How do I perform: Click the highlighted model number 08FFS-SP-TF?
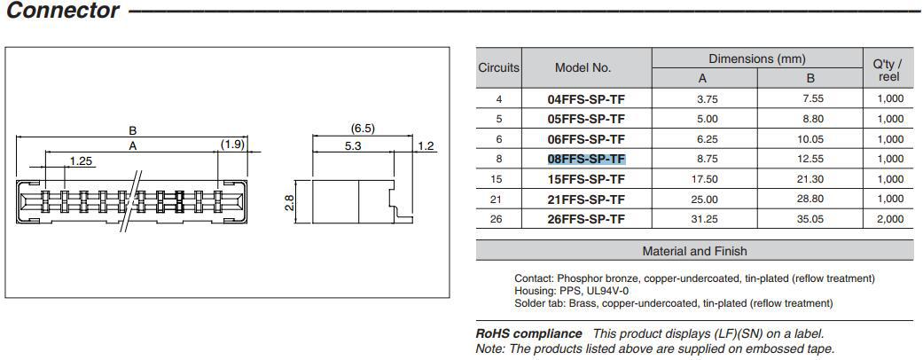coord(586,159)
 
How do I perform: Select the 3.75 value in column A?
coord(708,99)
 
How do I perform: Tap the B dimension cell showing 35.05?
coord(813,219)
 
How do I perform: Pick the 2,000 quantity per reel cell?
coord(890,219)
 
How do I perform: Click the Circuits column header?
coord(498,67)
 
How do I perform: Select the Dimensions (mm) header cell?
coord(757,59)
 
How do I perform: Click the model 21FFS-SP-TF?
coord(586,200)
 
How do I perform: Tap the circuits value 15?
coord(499,179)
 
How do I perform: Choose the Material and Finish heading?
coord(694,251)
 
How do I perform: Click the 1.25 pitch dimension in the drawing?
coord(81,161)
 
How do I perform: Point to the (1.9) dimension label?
coord(232,145)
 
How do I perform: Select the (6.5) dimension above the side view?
coord(363,129)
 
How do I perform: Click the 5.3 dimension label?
coord(353,146)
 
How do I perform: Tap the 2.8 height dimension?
coord(289,204)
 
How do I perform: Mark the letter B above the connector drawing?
coord(132,130)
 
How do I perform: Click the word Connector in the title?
coord(62,10)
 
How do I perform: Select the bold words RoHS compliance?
coord(528,333)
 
